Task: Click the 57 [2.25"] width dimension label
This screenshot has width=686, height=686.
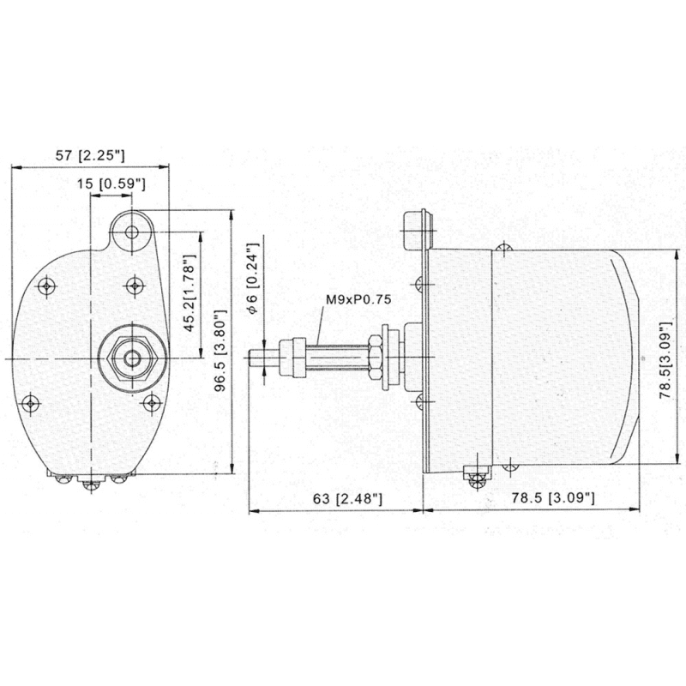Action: (90, 155)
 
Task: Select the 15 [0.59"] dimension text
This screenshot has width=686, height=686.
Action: (111, 184)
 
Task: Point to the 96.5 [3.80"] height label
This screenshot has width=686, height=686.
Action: (222, 350)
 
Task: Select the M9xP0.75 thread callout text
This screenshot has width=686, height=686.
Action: (358, 299)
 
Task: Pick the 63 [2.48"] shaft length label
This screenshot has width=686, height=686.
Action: (348, 498)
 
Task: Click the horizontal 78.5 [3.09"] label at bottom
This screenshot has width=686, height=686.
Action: (553, 498)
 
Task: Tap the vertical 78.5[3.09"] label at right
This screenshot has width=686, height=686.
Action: (666, 360)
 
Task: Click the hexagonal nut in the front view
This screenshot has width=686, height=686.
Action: (132, 358)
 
